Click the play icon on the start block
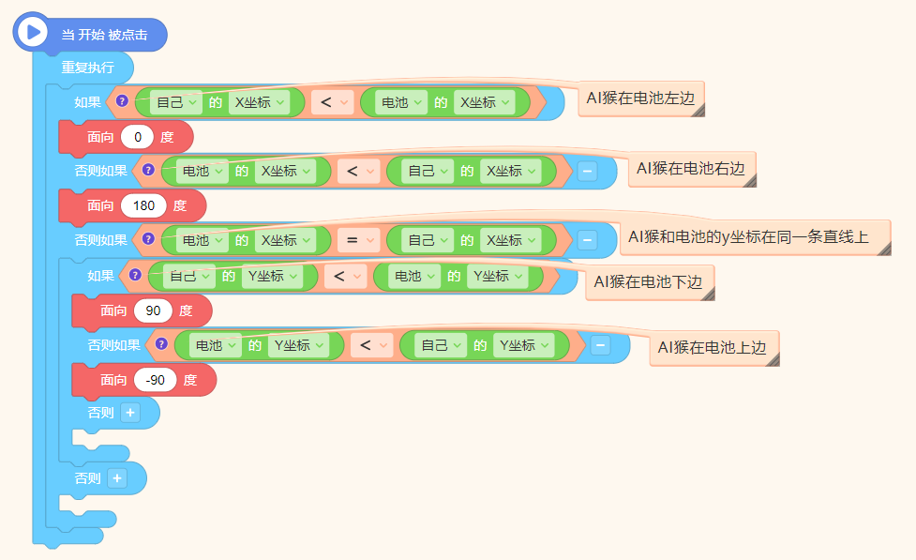tap(33, 32)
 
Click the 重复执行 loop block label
tap(87, 68)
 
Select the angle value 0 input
tap(137, 137)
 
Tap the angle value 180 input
tap(143, 205)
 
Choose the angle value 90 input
tap(153, 310)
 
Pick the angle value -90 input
tap(156, 380)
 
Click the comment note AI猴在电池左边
tap(641, 98)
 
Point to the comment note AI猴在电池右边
tap(692, 169)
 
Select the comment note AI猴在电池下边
tap(650, 282)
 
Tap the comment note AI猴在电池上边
tap(713, 348)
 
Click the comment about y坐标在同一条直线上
tap(755, 237)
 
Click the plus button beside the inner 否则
tap(130, 413)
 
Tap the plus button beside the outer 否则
tap(117, 478)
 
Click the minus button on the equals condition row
tap(587, 240)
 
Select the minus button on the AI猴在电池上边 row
tap(600, 345)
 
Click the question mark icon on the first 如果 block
tap(122, 101)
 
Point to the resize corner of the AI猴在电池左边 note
tap(698, 110)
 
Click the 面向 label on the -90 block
tap(113, 380)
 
